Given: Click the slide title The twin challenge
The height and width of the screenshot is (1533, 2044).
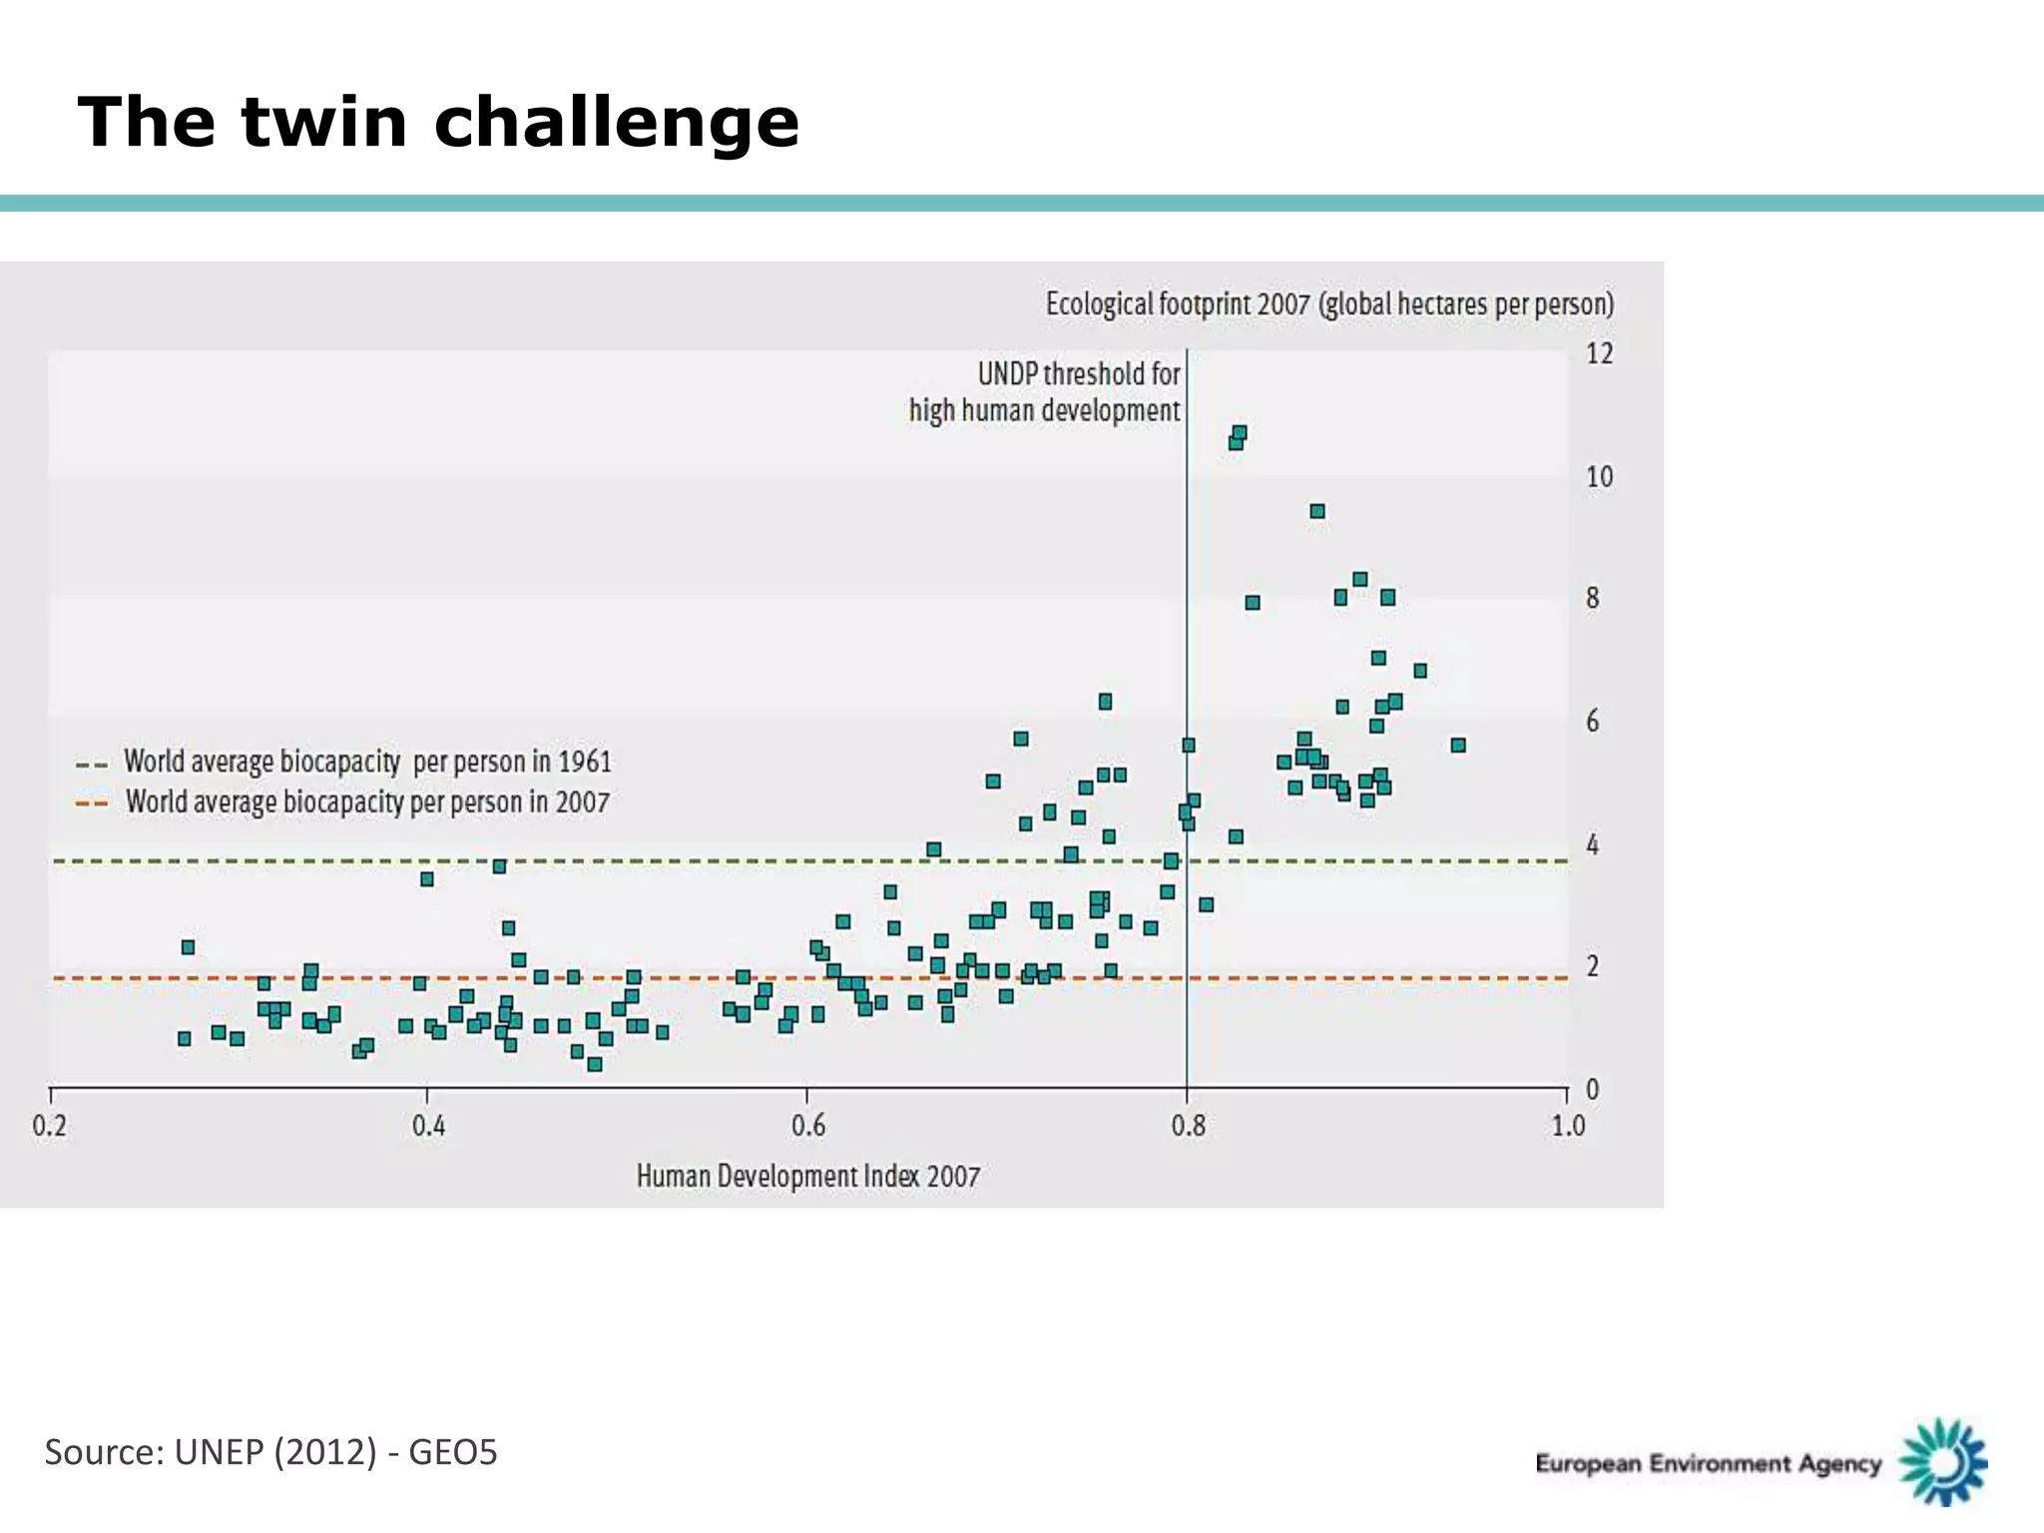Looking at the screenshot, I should point(438,122).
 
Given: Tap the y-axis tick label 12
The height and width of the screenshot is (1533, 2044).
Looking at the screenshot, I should point(1599,354).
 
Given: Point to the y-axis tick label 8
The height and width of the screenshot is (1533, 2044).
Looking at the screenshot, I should point(1593,598).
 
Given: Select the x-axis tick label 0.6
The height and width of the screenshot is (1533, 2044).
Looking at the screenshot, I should point(808,1126).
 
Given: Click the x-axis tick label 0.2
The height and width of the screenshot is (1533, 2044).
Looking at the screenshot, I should point(50,1126).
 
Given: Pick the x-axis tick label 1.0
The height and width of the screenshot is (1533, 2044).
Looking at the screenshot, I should point(1568,1126).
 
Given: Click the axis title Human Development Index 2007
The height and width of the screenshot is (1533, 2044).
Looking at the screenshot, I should point(808,1176).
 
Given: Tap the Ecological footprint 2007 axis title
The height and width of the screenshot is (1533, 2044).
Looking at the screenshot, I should point(1329,303).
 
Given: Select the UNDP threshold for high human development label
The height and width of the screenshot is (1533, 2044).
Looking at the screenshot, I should point(1045,392).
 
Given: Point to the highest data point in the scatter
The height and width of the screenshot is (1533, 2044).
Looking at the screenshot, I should point(1240,433).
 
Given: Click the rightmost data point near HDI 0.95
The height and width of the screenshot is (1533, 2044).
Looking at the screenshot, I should point(1458,745).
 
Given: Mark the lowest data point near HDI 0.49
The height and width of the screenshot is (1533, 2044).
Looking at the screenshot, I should point(595,1064).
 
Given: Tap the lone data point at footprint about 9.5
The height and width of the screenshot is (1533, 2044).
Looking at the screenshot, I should point(1317,511).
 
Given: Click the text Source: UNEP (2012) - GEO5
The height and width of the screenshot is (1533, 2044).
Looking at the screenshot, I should point(270,1452).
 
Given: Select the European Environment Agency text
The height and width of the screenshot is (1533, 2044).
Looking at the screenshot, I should point(1708,1463).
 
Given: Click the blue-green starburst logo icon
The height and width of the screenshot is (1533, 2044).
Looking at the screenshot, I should point(1942,1461).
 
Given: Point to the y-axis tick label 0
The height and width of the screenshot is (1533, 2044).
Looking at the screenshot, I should point(1593,1089).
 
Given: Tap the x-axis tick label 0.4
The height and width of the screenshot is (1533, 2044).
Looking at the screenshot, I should point(429,1126).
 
